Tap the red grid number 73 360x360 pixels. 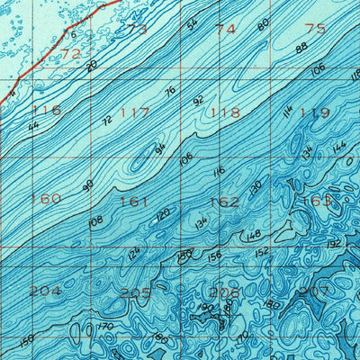tap(137, 29)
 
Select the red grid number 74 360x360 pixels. tap(225, 29)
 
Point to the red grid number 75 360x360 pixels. tap(315, 29)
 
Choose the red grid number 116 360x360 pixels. tap(45, 110)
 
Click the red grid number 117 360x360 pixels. tap(135, 113)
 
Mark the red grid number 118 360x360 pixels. tap(225, 113)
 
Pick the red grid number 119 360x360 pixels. tap(315, 113)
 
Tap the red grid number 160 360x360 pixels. tap(45, 199)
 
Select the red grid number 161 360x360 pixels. tap(133, 202)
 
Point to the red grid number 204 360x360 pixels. tap(45, 291)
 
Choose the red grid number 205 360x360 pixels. tap(135, 292)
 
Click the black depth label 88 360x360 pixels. tap(301, 48)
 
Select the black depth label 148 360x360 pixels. tap(253, 236)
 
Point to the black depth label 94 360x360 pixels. tap(160, 148)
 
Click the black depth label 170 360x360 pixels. tap(104, 327)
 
